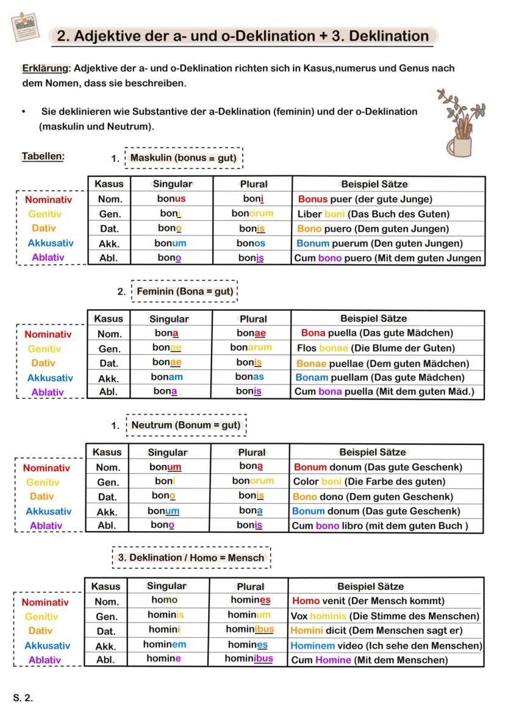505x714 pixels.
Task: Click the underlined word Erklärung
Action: pyautogui.click(x=45, y=68)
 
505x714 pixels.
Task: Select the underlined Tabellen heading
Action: pyautogui.click(x=43, y=156)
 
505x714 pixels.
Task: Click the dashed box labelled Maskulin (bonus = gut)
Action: pyautogui.click(x=184, y=158)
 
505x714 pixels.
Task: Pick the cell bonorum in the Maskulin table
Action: pyautogui.click(x=253, y=213)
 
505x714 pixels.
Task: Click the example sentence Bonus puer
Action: pyautogui.click(x=365, y=199)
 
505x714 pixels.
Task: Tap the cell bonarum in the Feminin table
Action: pyautogui.click(x=251, y=348)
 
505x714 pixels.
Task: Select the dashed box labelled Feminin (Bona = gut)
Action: pyautogui.click(x=184, y=291)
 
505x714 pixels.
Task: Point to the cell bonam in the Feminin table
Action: pyautogui.click(x=167, y=377)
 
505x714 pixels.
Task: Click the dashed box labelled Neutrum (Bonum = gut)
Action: pyautogui.click(x=185, y=425)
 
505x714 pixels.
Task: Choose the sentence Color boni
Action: pyautogui.click(x=368, y=482)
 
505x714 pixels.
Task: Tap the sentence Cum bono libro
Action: pyautogui.click(x=381, y=526)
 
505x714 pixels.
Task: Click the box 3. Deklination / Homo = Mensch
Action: pyautogui.click(x=191, y=558)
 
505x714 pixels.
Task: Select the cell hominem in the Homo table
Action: pyautogui.click(x=165, y=644)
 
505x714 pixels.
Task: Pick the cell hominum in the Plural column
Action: pyautogui.click(x=249, y=615)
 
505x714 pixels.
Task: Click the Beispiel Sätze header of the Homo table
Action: pyautogui.click(x=370, y=587)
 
